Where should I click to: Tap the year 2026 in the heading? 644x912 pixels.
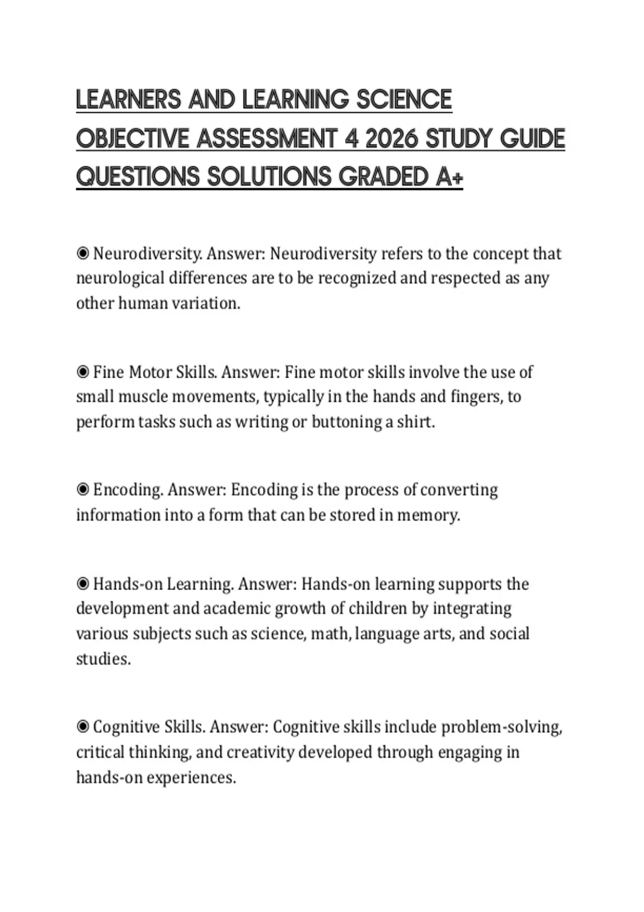[391, 139]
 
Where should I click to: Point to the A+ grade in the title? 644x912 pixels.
[449, 177]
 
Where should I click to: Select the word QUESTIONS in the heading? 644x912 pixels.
[137, 177]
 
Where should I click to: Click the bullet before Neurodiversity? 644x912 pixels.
[83, 253]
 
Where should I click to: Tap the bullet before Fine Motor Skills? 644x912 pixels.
[83, 372]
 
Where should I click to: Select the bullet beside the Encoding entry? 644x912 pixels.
[83, 490]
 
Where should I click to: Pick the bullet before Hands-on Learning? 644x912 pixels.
[83, 584]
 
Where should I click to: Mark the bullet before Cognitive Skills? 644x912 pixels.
[83, 727]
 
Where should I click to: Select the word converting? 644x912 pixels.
[459, 490]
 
